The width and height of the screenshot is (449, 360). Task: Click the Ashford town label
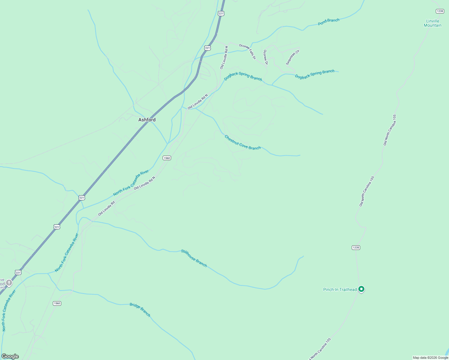(147, 120)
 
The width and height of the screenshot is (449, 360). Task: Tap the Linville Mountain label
(432, 23)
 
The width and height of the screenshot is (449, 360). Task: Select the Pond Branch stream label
(329, 22)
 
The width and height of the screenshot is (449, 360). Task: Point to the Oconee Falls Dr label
(247, 52)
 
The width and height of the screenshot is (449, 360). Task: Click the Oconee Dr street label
(265, 57)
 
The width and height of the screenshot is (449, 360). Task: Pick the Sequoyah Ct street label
(293, 57)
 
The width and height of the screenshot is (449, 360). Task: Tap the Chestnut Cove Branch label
(243, 142)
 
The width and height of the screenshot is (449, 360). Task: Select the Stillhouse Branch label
(194, 258)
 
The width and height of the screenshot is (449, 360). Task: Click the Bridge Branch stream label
(140, 310)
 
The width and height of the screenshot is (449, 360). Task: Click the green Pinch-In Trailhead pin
(362, 289)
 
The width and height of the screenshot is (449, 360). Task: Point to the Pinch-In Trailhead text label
(340, 289)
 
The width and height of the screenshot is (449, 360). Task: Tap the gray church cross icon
(9, 283)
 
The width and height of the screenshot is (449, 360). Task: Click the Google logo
(10, 356)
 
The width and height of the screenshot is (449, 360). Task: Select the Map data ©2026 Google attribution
(430, 358)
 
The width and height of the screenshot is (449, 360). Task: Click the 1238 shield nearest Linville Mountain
(440, 11)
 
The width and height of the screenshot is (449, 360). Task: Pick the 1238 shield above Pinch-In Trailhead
(356, 247)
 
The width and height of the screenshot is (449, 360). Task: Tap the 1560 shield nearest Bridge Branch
(57, 303)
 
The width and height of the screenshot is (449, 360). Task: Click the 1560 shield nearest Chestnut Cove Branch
(167, 158)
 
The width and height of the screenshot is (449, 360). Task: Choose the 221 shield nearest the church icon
(18, 272)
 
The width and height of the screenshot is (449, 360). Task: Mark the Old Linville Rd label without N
(107, 208)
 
